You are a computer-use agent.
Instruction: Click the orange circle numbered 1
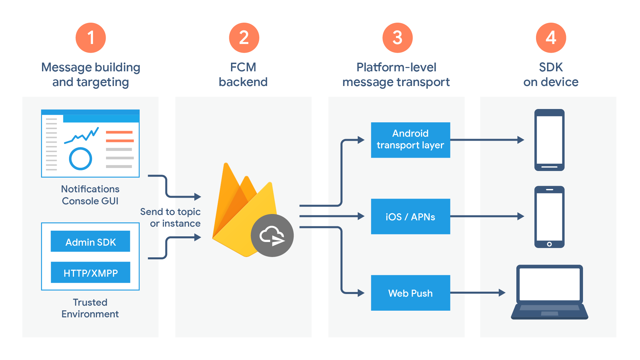tap(91, 38)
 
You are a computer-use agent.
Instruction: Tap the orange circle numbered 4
tap(551, 38)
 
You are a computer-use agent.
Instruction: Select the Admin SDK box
tap(90, 241)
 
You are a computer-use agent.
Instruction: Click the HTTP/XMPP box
tap(90, 273)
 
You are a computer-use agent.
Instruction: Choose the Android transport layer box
tap(410, 140)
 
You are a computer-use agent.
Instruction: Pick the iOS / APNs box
tap(410, 217)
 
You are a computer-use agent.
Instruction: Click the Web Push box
tap(410, 293)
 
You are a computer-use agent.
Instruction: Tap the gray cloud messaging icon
tap(272, 235)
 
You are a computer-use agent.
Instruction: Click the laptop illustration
tap(549, 292)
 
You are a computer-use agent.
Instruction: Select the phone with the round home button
tap(549, 217)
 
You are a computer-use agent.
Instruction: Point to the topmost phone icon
tap(549, 140)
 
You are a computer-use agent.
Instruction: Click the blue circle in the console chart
tap(80, 159)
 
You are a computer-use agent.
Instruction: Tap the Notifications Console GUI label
tap(90, 195)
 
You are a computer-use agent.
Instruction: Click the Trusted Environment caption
tap(90, 308)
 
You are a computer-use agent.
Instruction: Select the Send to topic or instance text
tap(171, 217)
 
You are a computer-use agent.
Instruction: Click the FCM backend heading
tap(243, 74)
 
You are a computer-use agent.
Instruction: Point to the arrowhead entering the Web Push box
tap(361, 293)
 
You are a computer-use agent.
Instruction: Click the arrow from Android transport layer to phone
tap(487, 140)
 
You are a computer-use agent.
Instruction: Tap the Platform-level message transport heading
tap(396, 74)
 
